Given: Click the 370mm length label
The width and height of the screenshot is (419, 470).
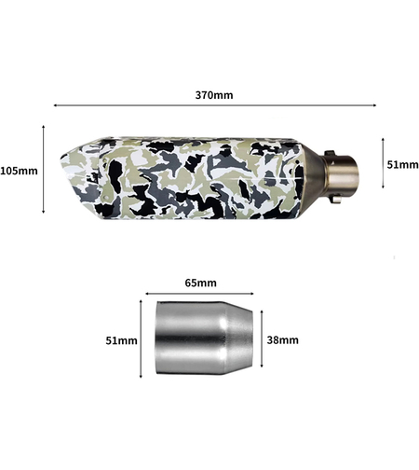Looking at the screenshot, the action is (x=214, y=95).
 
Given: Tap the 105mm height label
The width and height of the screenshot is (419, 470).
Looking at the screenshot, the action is (x=19, y=171).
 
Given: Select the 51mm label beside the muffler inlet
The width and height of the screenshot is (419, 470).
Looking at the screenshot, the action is (x=402, y=165).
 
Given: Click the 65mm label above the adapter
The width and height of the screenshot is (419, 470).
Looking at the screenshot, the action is (x=201, y=283).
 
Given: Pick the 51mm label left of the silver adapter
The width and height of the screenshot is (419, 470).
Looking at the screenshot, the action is (x=121, y=340).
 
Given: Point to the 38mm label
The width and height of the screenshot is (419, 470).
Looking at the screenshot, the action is (x=283, y=340).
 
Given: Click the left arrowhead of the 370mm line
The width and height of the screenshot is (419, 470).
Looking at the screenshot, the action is (x=55, y=105).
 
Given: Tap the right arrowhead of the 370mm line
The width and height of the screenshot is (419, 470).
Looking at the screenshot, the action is (x=374, y=105).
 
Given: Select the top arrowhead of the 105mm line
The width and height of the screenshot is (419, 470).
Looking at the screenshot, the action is (x=44, y=127).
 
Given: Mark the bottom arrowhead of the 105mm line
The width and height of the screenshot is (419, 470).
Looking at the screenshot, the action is (x=44, y=212).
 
